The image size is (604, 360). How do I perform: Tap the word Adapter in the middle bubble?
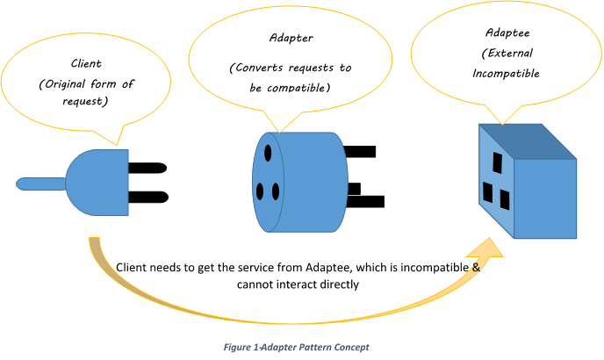(x=290, y=38)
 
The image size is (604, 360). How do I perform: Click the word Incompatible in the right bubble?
(x=505, y=74)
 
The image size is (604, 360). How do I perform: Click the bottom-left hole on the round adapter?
(x=261, y=190)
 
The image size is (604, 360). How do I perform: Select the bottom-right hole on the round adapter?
(x=275, y=191)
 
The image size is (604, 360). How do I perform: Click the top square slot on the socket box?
(x=497, y=163)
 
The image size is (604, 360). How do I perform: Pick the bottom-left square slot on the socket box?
(x=488, y=192)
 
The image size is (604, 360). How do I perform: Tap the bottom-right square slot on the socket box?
(x=505, y=199)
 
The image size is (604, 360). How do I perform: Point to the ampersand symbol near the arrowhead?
(x=476, y=266)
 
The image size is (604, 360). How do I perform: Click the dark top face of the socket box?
(x=527, y=140)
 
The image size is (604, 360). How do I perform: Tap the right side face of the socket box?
(x=544, y=198)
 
